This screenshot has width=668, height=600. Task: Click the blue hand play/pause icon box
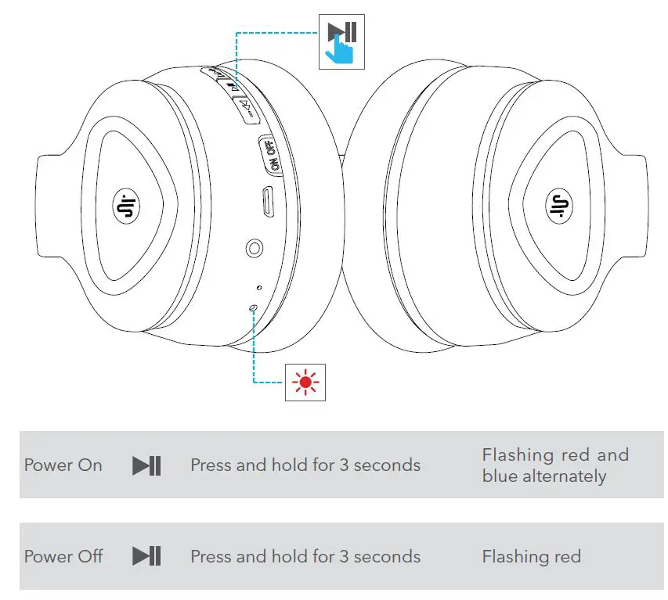tap(343, 42)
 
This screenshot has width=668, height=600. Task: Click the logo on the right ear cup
tap(558, 207)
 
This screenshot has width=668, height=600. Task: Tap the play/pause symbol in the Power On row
tap(146, 465)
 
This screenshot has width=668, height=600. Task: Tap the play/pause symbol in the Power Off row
tap(146, 557)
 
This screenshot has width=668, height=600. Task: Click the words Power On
tap(63, 465)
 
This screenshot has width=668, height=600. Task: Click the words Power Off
tap(63, 557)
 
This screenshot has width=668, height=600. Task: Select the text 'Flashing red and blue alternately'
tap(554, 465)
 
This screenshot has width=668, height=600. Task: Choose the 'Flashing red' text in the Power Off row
tap(531, 557)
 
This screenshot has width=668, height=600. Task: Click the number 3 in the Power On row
tap(344, 465)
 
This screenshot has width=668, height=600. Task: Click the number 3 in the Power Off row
tap(344, 557)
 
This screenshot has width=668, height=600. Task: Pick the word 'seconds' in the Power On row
tap(387, 465)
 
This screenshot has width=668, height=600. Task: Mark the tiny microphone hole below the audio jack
tap(259, 288)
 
